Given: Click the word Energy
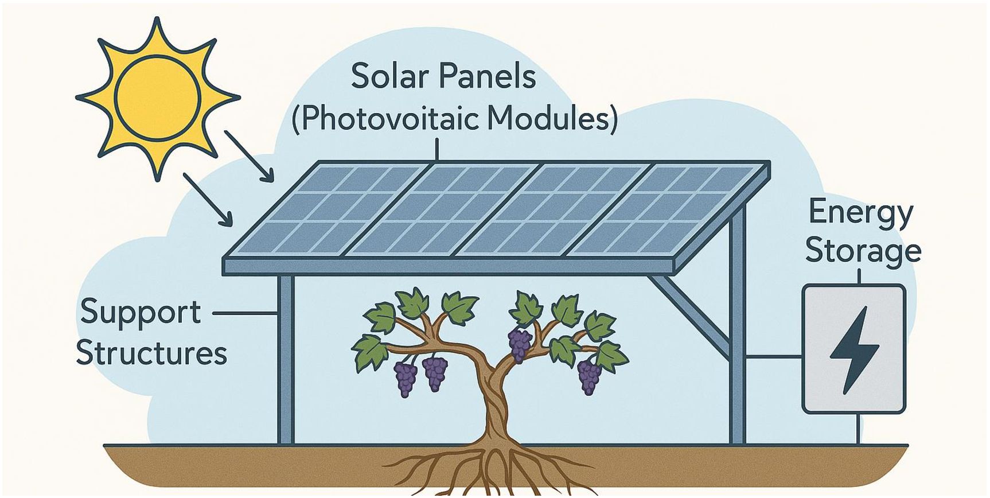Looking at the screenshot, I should [860, 213].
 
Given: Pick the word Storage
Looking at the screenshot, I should [863, 251].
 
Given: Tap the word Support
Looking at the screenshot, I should [141, 313].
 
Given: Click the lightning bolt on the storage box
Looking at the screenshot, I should [854, 349].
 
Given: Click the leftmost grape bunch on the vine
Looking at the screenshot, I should [406, 378].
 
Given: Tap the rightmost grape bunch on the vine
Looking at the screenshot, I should [589, 376].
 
